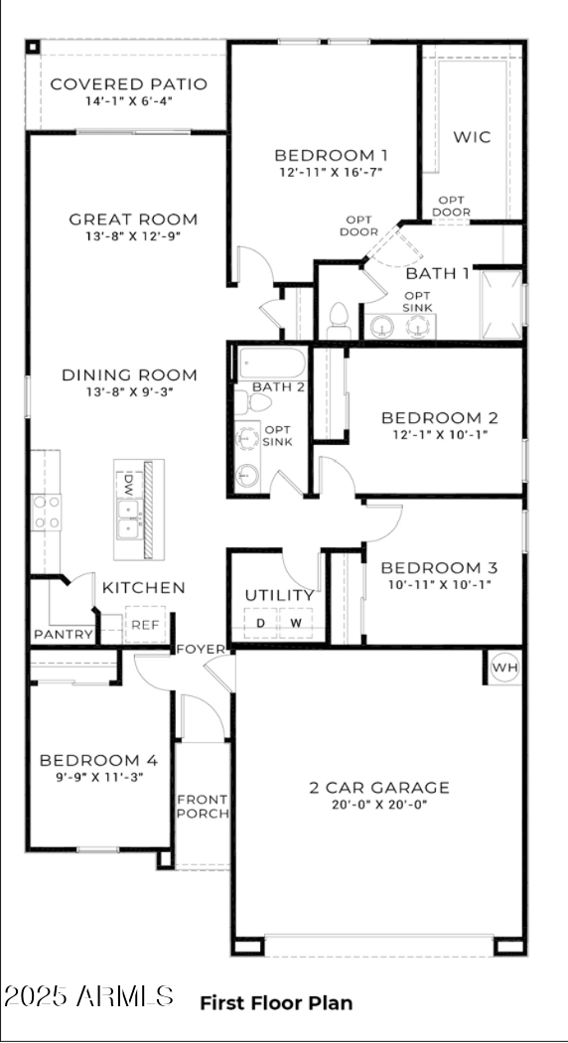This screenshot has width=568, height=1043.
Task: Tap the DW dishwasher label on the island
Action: pos(128,485)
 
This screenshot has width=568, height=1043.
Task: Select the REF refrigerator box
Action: pos(145,625)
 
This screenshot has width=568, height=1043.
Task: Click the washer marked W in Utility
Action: pos(295,623)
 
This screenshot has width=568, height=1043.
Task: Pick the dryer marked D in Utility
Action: pos(261,623)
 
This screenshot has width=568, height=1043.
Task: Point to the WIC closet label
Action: pos(472,137)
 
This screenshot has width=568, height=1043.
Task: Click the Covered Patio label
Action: pos(128,84)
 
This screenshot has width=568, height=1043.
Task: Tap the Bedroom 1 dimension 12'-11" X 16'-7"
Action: pos(331,172)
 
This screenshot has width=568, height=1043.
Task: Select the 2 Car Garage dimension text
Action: pos(378,806)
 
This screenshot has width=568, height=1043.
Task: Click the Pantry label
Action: pos(64,635)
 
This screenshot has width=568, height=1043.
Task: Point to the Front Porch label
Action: pos(203,806)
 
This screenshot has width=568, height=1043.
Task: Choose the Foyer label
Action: pos(201,650)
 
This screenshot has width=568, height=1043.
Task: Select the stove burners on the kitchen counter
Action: pos(47,513)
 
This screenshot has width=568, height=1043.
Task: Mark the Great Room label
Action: pos(133,220)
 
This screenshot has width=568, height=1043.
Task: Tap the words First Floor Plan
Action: pos(276,1003)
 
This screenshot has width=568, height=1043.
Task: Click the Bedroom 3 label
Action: pos(439,568)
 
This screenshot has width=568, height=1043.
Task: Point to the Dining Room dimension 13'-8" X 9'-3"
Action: pos(129,392)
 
